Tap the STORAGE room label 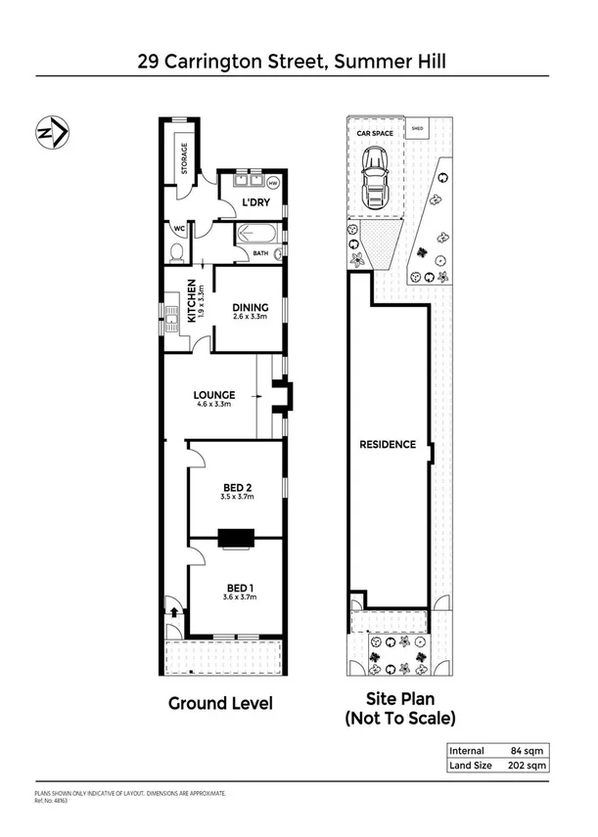[182, 157]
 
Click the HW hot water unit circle [273, 183]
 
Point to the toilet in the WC [175, 254]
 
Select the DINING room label [249, 307]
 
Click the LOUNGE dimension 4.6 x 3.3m [213, 405]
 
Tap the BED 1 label [235, 587]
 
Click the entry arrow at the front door [175, 612]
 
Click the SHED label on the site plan [416, 127]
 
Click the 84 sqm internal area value [526, 751]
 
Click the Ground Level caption [220, 703]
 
